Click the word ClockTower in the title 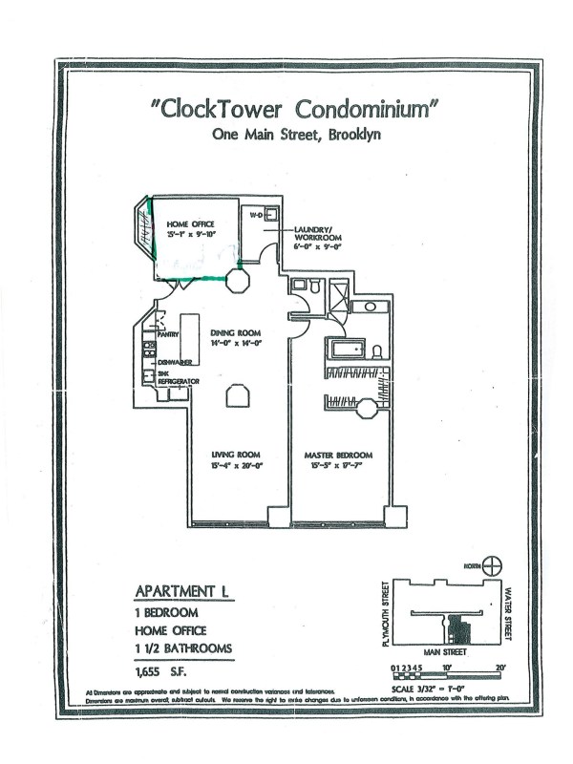[221, 107]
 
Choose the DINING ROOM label [236, 333]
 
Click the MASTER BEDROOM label [337, 454]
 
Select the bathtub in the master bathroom [349, 349]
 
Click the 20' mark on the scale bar [499, 668]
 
